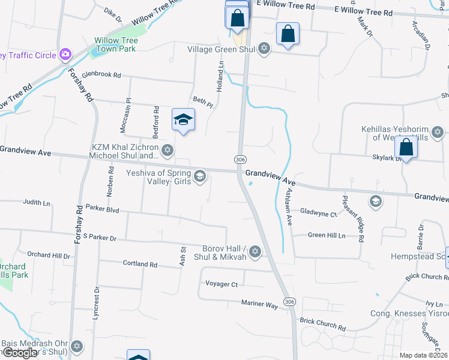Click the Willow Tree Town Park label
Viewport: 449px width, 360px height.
click(x=116, y=44)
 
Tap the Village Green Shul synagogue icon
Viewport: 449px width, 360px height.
click(x=264, y=49)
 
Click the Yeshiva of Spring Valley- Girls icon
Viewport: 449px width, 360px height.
click(x=200, y=176)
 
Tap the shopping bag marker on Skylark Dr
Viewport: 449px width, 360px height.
click(x=406, y=148)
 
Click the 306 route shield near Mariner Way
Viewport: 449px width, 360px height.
click(x=290, y=301)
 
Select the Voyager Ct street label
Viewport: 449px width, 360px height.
click(x=221, y=284)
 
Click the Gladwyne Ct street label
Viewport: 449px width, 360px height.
click(x=318, y=212)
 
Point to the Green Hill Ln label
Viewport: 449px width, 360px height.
click(x=327, y=236)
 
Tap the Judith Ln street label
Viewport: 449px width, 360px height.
click(x=37, y=203)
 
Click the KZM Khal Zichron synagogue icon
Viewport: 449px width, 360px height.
click(x=167, y=150)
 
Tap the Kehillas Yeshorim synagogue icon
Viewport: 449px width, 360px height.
click(x=438, y=131)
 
